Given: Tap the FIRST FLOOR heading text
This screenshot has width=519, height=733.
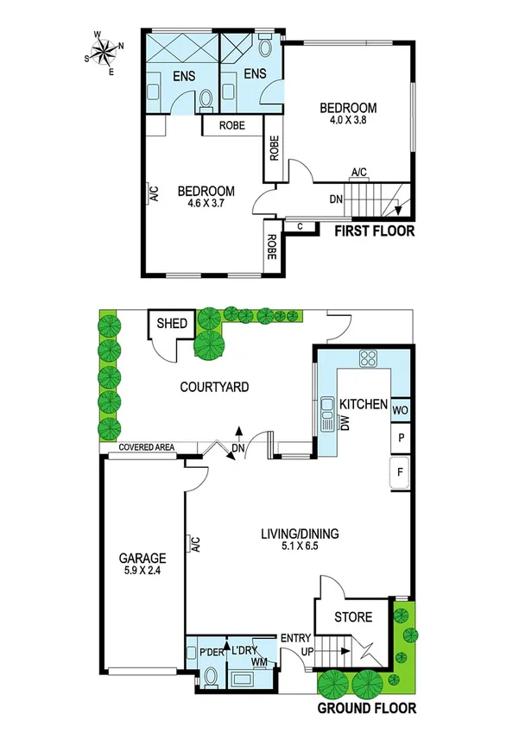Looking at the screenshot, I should (375, 231).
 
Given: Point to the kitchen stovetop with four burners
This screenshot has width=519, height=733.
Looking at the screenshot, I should (369, 357).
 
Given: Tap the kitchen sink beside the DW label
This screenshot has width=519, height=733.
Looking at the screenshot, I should (328, 415).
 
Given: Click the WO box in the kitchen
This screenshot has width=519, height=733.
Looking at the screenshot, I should (401, 411).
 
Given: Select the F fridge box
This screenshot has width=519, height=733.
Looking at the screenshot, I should (401, 473).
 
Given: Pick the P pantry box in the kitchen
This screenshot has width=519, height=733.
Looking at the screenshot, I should (401, 439).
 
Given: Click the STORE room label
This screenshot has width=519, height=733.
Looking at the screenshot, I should (353, 617).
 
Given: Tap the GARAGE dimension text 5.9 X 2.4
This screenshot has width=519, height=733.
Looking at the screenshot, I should (142, 572).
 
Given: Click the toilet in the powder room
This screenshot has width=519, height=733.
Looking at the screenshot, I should (208, 676).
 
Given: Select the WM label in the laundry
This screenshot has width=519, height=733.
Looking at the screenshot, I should (258, 662).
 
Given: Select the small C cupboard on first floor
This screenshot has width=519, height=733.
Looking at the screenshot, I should (299, 228).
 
